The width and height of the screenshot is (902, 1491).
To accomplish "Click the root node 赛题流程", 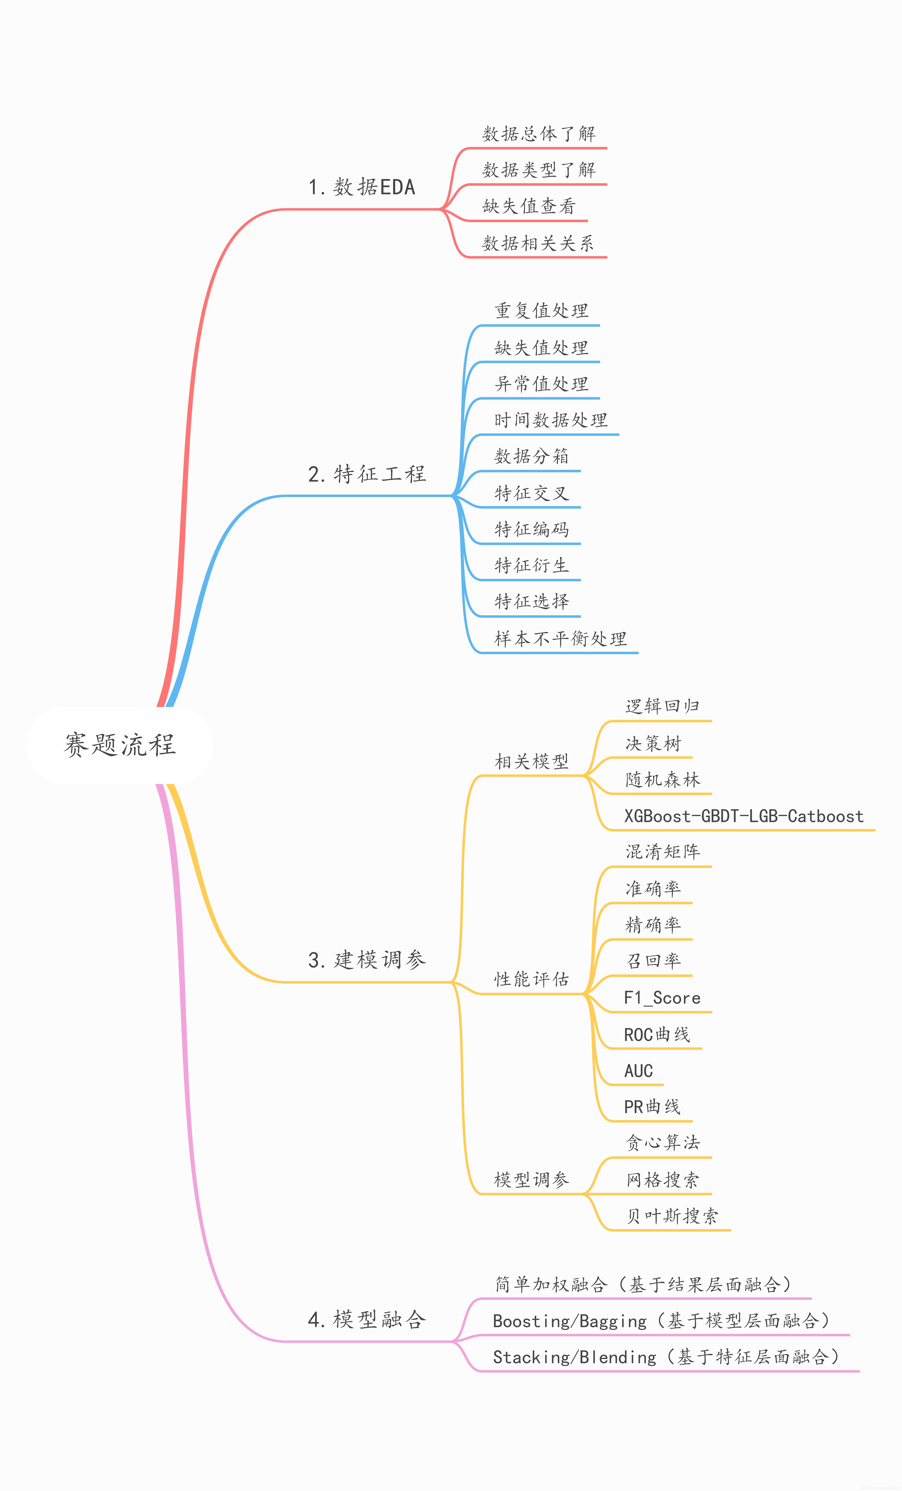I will click(x=120, y=745).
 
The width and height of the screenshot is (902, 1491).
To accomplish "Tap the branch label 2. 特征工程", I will click(x=367, y=474).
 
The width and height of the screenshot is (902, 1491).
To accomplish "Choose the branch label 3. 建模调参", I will click(x=367, y=960).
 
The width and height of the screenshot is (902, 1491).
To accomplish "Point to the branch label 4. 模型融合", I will click(x=367, y=1319).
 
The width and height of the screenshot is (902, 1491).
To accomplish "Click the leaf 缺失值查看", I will click(x=529, y=206).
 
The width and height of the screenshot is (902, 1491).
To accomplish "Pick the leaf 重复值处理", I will click(x=541, y=311).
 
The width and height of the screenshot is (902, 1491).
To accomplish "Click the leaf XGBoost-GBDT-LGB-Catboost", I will click(x=744, y=816).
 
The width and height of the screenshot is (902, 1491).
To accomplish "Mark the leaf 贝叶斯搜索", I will click(x=672, y=1216).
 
